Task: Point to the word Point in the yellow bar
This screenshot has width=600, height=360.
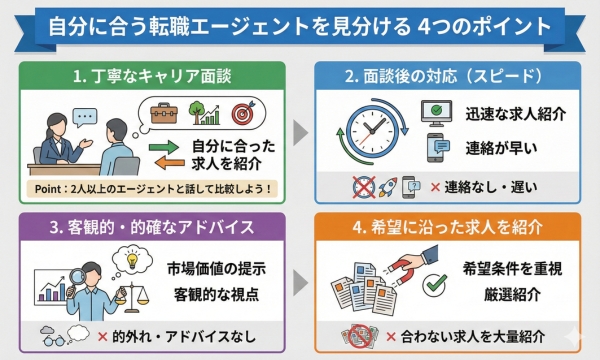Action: (48, 189)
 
